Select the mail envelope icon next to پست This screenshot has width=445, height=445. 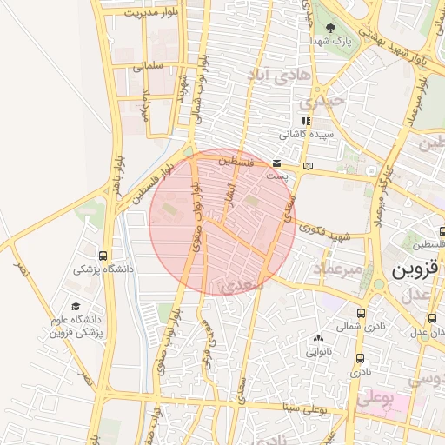click(x=276, y=163)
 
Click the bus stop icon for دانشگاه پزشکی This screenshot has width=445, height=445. click(x=104, y=256)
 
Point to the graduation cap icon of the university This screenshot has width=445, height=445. click(x=76, y=307)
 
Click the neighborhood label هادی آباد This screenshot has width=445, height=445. click(x=281, y=76)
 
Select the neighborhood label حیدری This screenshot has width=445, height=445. click(x=328, y=101)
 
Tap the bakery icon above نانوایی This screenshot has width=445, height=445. click(x=317, y=339)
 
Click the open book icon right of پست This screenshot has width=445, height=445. click(x=307, y=164)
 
